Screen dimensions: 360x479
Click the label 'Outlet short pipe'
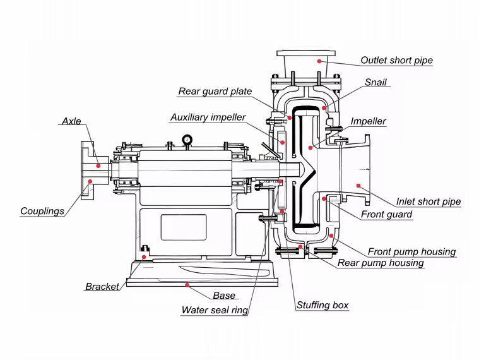396,61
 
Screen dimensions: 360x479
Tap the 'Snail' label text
376,83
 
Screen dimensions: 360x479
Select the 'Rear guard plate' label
215,92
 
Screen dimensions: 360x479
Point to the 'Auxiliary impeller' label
208,118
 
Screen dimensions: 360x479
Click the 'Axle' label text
71,121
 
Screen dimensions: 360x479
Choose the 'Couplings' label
42,212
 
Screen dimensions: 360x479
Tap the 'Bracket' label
102,287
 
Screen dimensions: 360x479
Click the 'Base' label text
224,296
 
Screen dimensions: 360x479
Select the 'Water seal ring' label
215,310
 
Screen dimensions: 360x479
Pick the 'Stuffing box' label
322,306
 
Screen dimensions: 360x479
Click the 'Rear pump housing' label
381,263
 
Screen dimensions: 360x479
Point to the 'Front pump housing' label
411,252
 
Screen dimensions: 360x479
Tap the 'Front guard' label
386,215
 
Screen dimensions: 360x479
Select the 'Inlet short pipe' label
429,202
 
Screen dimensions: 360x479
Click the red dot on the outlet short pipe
319,61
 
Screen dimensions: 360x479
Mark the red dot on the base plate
187,285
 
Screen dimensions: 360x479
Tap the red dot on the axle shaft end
99,165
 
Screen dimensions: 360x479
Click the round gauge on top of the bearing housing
187,140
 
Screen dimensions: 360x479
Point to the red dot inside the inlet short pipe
358,186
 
